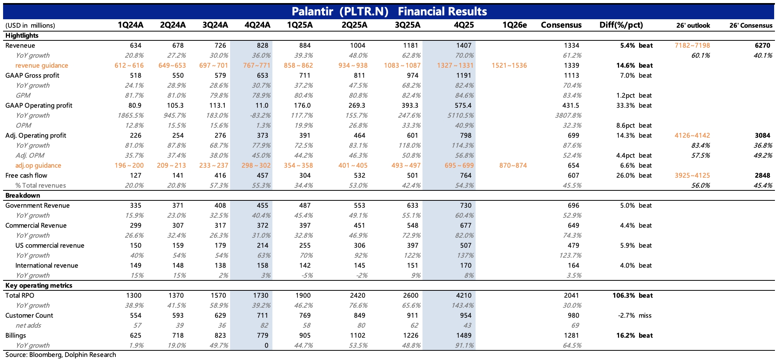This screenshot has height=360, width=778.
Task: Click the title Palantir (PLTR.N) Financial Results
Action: (389, 12)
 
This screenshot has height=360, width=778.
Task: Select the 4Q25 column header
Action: (464, 25)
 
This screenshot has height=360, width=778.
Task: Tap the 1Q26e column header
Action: (514, 25)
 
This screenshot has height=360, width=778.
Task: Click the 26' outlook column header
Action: (693, 26)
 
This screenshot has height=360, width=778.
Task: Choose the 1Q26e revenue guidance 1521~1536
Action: (509, 65)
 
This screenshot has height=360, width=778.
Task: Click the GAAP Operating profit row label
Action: (39, 105)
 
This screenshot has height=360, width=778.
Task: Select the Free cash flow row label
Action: (26, 175)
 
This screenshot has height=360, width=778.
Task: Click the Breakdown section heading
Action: (23, 195)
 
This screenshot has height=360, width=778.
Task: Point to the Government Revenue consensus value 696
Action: (573, 205)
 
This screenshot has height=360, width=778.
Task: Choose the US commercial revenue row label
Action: (50, 245)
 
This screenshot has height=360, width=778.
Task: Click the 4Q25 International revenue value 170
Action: (466, 265)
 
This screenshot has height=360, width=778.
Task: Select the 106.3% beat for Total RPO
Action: (633, 295)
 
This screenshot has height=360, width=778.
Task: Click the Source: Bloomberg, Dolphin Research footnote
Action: (61, 355)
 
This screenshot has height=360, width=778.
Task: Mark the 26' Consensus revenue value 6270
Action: (762, 45)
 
